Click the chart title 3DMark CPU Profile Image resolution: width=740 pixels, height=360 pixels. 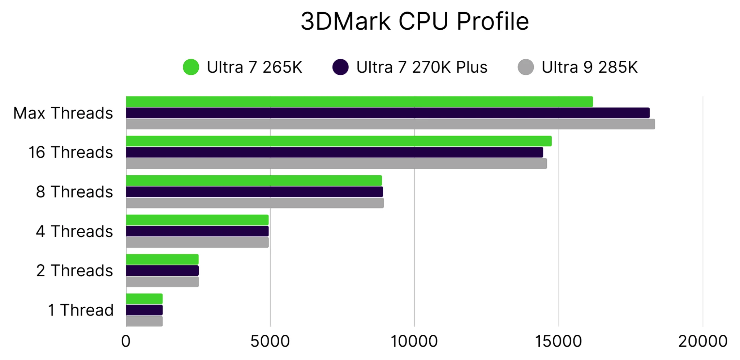(414, 21)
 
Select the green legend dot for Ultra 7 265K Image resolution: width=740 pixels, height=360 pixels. (191, 67)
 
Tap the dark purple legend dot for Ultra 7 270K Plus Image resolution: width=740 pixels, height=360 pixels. (340, 67)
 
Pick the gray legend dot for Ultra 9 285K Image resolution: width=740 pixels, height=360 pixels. (526, 67)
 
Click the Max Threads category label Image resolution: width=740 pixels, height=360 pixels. (63, 113)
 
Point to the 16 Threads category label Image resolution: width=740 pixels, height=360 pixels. (71, 152)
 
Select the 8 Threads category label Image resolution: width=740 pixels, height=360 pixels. (74, 192)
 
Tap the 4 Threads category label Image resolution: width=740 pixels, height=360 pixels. (74, 231)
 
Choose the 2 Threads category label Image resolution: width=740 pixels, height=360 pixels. (74, 271)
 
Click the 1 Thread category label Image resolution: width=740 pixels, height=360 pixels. (81, 310)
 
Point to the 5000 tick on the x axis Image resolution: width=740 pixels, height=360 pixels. (270, 341)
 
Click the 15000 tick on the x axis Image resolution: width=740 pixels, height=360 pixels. (558, 341)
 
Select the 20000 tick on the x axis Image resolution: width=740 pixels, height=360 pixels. (702, 341)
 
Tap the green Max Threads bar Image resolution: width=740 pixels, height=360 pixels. (359, 102)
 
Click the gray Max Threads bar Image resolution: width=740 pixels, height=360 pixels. (390, 124)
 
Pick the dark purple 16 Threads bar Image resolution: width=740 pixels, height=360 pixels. (334, 153)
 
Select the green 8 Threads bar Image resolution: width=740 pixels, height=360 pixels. (254, 181)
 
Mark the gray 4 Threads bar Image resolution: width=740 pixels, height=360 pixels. (197, 242)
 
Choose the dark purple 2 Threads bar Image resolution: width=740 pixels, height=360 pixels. (162, 271)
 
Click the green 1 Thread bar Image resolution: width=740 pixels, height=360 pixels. (144, 299)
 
